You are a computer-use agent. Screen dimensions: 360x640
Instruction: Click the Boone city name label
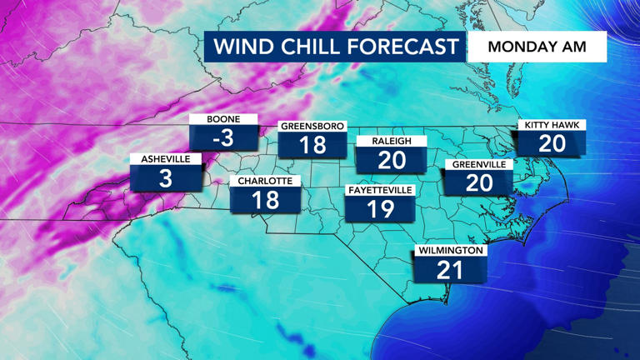coord(223,119)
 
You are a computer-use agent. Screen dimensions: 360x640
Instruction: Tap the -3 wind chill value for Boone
coord(223,138)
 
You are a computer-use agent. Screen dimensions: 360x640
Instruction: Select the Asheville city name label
coord(166,159)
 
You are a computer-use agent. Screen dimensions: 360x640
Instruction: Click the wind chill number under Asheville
coord(166,178)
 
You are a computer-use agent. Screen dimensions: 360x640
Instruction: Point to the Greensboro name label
coord(312,126)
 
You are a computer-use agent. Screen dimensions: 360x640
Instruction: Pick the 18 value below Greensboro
coord(312,145)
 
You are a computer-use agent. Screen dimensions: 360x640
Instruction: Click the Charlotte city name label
coord(264,181)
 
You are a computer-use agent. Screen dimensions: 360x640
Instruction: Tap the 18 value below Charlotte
coord(264,201)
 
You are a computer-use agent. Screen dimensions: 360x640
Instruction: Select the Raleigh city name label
coord(392,142)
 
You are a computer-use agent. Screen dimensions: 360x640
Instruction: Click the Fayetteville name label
coord(380,191)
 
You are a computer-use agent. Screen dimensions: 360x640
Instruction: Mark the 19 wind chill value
coord(380,210)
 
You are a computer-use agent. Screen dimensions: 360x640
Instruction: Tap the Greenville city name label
coord(479,164)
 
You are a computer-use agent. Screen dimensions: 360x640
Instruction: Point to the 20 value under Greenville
coord(479,183)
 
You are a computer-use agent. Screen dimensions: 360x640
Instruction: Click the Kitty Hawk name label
coord(552,125)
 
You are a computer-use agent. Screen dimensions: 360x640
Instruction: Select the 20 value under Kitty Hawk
coord(552,144)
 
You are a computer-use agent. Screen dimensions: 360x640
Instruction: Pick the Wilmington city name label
coord(451,250)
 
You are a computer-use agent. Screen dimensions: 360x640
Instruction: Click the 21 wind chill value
coord(451,270)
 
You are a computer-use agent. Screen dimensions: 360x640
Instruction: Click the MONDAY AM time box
coord(537,47)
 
